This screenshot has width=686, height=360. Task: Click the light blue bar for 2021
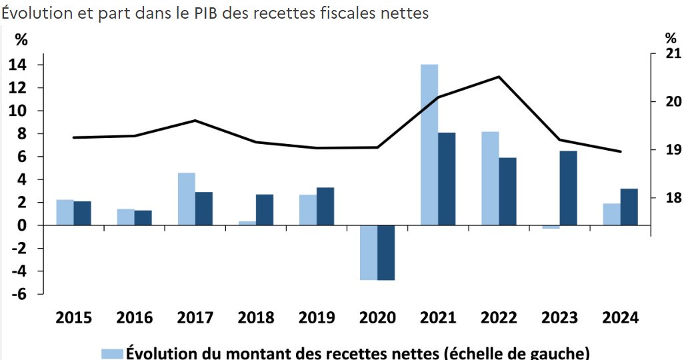[429, 145]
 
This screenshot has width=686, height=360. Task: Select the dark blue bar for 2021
[447, 179]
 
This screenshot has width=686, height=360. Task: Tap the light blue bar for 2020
[369, 253]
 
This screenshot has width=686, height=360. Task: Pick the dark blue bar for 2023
[568, 188]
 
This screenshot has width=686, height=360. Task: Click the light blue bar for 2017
[187, 199]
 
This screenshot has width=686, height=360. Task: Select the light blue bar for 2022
[490, 178]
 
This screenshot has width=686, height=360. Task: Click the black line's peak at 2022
[499, 77]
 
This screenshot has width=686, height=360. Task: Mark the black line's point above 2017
[195, 121]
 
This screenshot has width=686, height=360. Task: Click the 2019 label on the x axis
[316, 317]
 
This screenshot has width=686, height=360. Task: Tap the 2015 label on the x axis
[73, 317]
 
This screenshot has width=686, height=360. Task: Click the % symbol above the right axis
[671, 38]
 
